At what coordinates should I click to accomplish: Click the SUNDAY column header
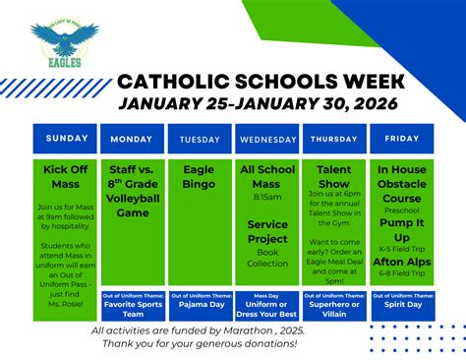[x=66, y=139]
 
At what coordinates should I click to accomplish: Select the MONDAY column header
[x=133, y=139]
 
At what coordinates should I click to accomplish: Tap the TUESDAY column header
[x=200, y=139]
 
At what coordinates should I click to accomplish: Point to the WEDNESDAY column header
[x=267, y=139]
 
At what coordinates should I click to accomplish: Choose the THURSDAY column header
[x=334, y=139]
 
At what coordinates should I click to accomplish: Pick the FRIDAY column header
[x=401, y=139]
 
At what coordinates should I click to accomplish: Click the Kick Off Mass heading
[x=66, y=176]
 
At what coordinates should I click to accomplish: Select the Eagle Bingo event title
[x=200, y=176]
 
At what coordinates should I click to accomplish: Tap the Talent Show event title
[x=334, y=176]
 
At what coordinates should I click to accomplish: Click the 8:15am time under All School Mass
[x=267, y=197]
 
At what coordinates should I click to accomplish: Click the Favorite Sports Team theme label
[x=133, y=310]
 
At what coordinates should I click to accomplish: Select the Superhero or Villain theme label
[x=334, y=310]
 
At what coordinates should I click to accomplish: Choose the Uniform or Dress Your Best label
[x=267, y=310]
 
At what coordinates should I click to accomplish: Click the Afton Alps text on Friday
[x=401, y=262]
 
